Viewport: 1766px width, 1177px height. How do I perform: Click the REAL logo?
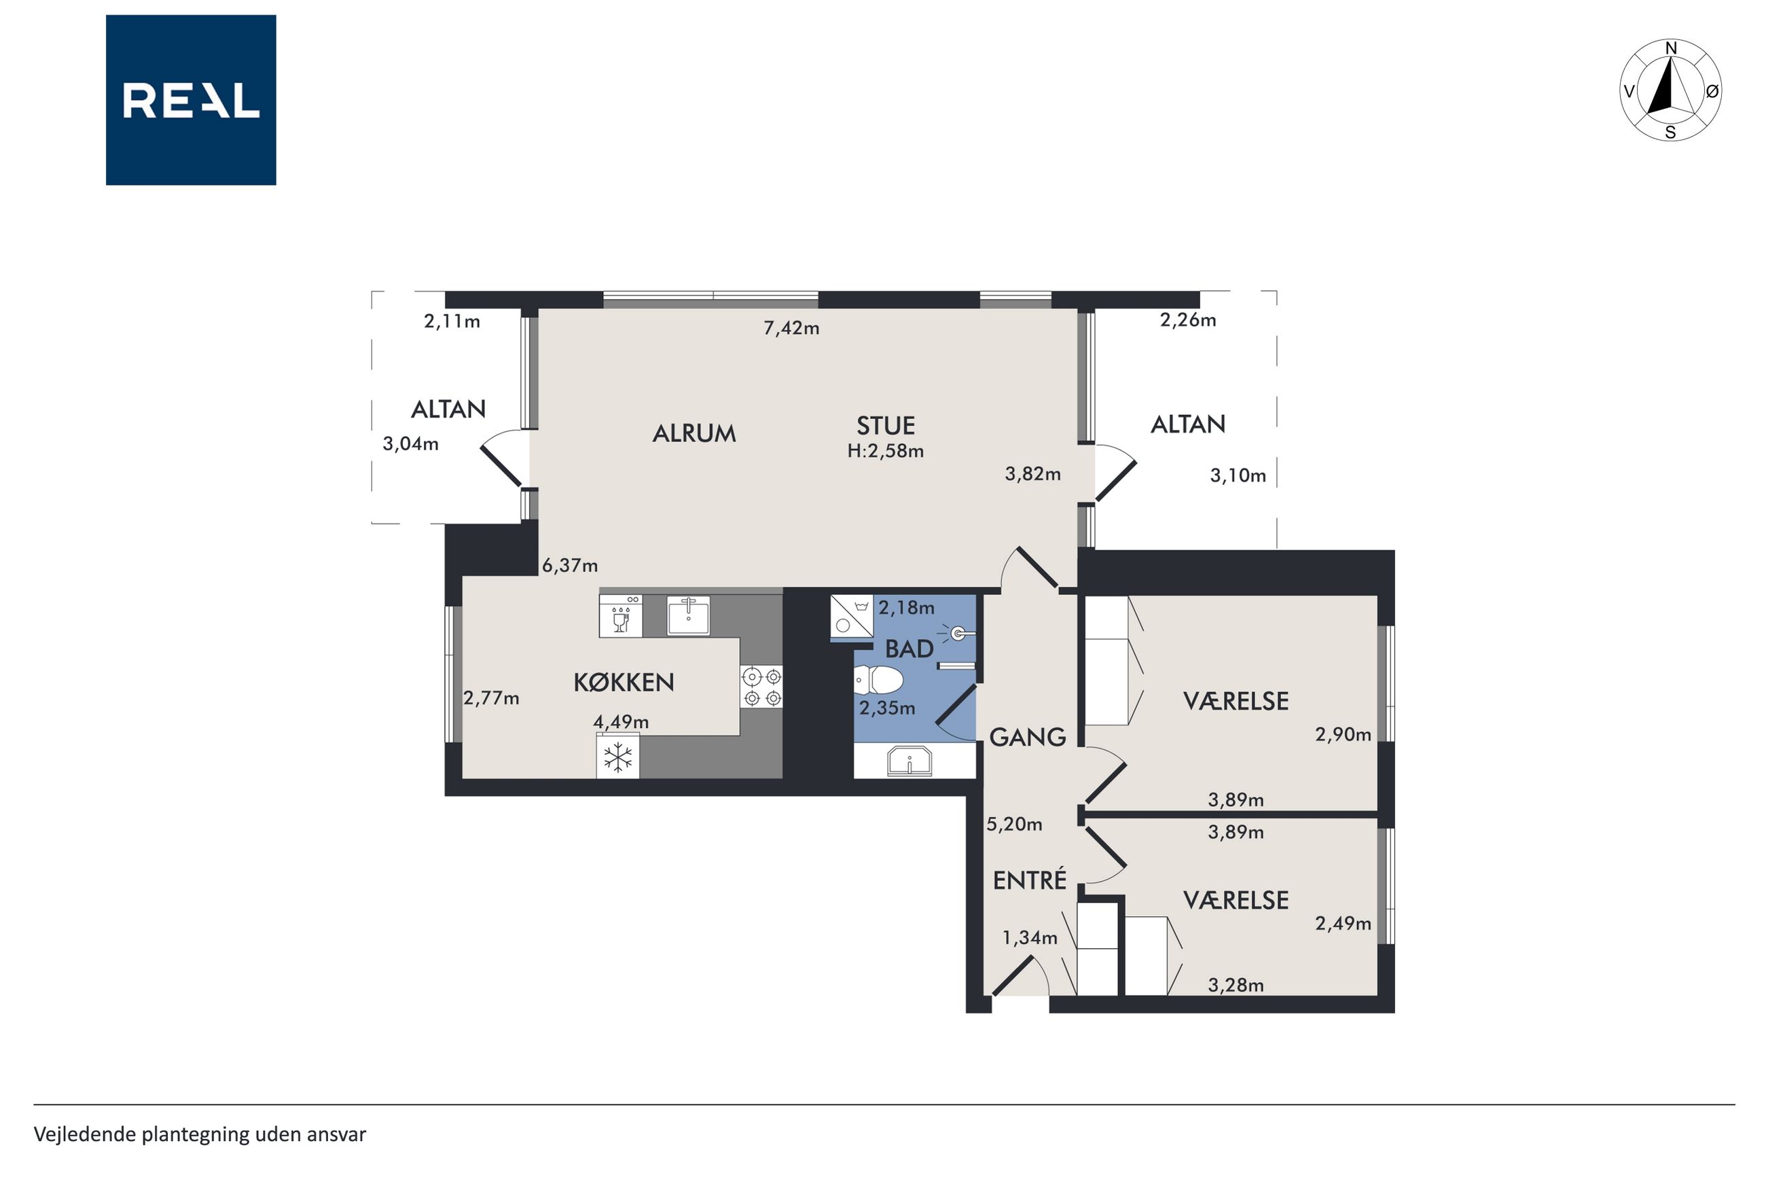click(191, 100)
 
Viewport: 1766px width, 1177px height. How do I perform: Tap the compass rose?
click(1670, 90)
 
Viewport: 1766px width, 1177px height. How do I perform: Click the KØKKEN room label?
click(624, 682)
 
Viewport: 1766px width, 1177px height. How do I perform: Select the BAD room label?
click(909, 649)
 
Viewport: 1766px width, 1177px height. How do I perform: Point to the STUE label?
click(886, 426)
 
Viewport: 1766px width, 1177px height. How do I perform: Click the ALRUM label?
click(693, 433)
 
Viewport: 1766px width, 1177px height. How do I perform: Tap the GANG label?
click(1028, 737)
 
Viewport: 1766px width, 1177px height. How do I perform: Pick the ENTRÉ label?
click(1029, 879)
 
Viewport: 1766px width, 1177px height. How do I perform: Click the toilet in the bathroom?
click(878, 681)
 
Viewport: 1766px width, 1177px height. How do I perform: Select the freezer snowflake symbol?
click(617, 757)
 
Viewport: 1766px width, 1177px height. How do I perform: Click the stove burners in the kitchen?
click(762, 687)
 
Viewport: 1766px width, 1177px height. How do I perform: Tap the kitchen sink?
click(688, 615)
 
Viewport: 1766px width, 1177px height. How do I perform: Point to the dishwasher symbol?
click(620, 615)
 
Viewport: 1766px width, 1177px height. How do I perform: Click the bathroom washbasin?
click(909, 761)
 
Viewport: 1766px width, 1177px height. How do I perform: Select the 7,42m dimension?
click(791, 328)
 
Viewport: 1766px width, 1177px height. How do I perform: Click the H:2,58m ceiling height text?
click(886, 451)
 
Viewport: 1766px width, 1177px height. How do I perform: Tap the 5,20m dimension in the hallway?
click(1014, 825)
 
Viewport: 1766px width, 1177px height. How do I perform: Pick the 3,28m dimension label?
click(1236, 985)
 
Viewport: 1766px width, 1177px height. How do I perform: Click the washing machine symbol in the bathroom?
click(852, 617)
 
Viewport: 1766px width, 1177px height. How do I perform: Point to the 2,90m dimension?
click(1343, 734)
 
